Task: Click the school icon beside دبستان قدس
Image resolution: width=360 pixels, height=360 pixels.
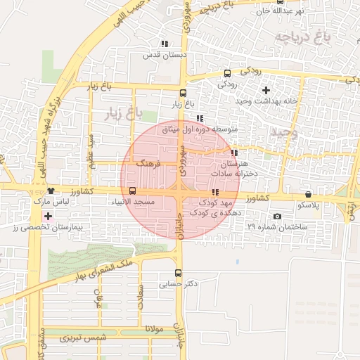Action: click(x=165, y=44)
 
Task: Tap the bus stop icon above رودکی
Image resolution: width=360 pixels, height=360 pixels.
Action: click(x=226, y=73)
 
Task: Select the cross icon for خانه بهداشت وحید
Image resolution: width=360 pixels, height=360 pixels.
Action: click(x=266, y=90)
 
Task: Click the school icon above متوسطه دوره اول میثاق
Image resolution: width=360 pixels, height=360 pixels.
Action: click(x=200, y=118)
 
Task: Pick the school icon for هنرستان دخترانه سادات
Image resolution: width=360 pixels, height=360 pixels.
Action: click(x=234, y=153)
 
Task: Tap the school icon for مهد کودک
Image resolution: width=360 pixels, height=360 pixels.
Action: click(x=214, y=192)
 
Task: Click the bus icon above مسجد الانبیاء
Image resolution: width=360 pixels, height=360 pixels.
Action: click(x=133, y=191)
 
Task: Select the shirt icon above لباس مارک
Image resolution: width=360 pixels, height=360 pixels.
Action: click(x=50, y=191)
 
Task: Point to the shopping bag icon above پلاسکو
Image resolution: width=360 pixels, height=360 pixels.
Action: click(x=308, y=195)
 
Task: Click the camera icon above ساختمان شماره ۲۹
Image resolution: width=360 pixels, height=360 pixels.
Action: click(x=277, y=216)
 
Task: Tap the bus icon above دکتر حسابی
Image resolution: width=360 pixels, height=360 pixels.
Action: click(x=177, y=274)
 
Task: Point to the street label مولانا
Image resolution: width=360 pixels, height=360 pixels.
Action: click(x=155, y=328)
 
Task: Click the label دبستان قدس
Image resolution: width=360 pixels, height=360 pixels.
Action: click(x=163, y=54)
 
